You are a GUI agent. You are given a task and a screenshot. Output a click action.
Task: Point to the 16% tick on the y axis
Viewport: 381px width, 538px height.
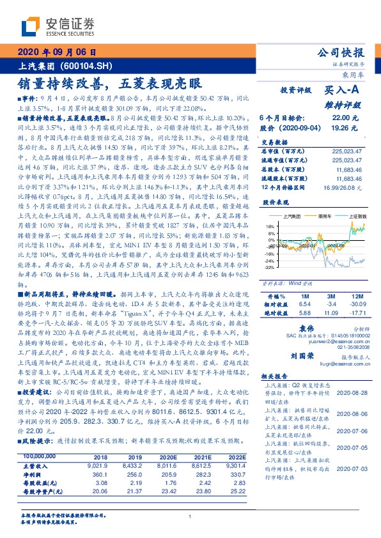click(270, 226)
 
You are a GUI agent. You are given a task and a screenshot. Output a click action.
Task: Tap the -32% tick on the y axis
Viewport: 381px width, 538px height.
click(269, 268)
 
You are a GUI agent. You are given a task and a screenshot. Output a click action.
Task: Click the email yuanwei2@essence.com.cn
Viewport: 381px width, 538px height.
click(339, 342)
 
